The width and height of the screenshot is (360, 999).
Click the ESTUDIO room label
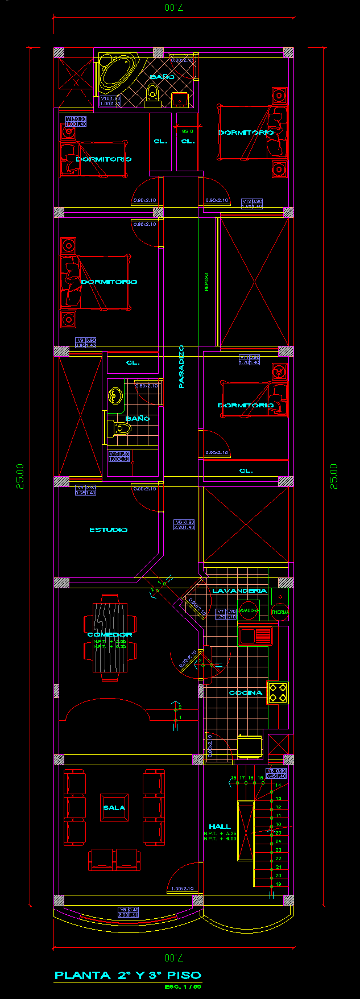point(109,530)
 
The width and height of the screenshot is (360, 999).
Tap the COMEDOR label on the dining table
point(110,634)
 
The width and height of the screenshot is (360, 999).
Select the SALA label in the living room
point(114,808)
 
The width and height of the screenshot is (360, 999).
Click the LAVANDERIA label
point(239,591)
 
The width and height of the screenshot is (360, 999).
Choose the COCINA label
point(246,693)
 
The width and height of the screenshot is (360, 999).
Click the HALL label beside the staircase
point(220,827)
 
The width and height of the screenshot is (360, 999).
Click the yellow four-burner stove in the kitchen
point(278,693)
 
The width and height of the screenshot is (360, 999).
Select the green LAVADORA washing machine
point(248,610)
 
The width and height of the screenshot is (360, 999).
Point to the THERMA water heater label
point(280,612)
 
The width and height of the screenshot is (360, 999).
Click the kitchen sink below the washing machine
point(255,635)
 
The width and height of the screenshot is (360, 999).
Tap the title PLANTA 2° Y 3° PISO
point(128,975)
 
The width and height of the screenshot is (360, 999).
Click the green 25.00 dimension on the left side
point(20,476)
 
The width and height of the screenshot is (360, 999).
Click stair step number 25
point(278,832)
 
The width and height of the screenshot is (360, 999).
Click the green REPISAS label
point(206,282)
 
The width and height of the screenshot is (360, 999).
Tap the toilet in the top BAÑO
point(152,94)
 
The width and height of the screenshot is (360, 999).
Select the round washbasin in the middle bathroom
point(115,395)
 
